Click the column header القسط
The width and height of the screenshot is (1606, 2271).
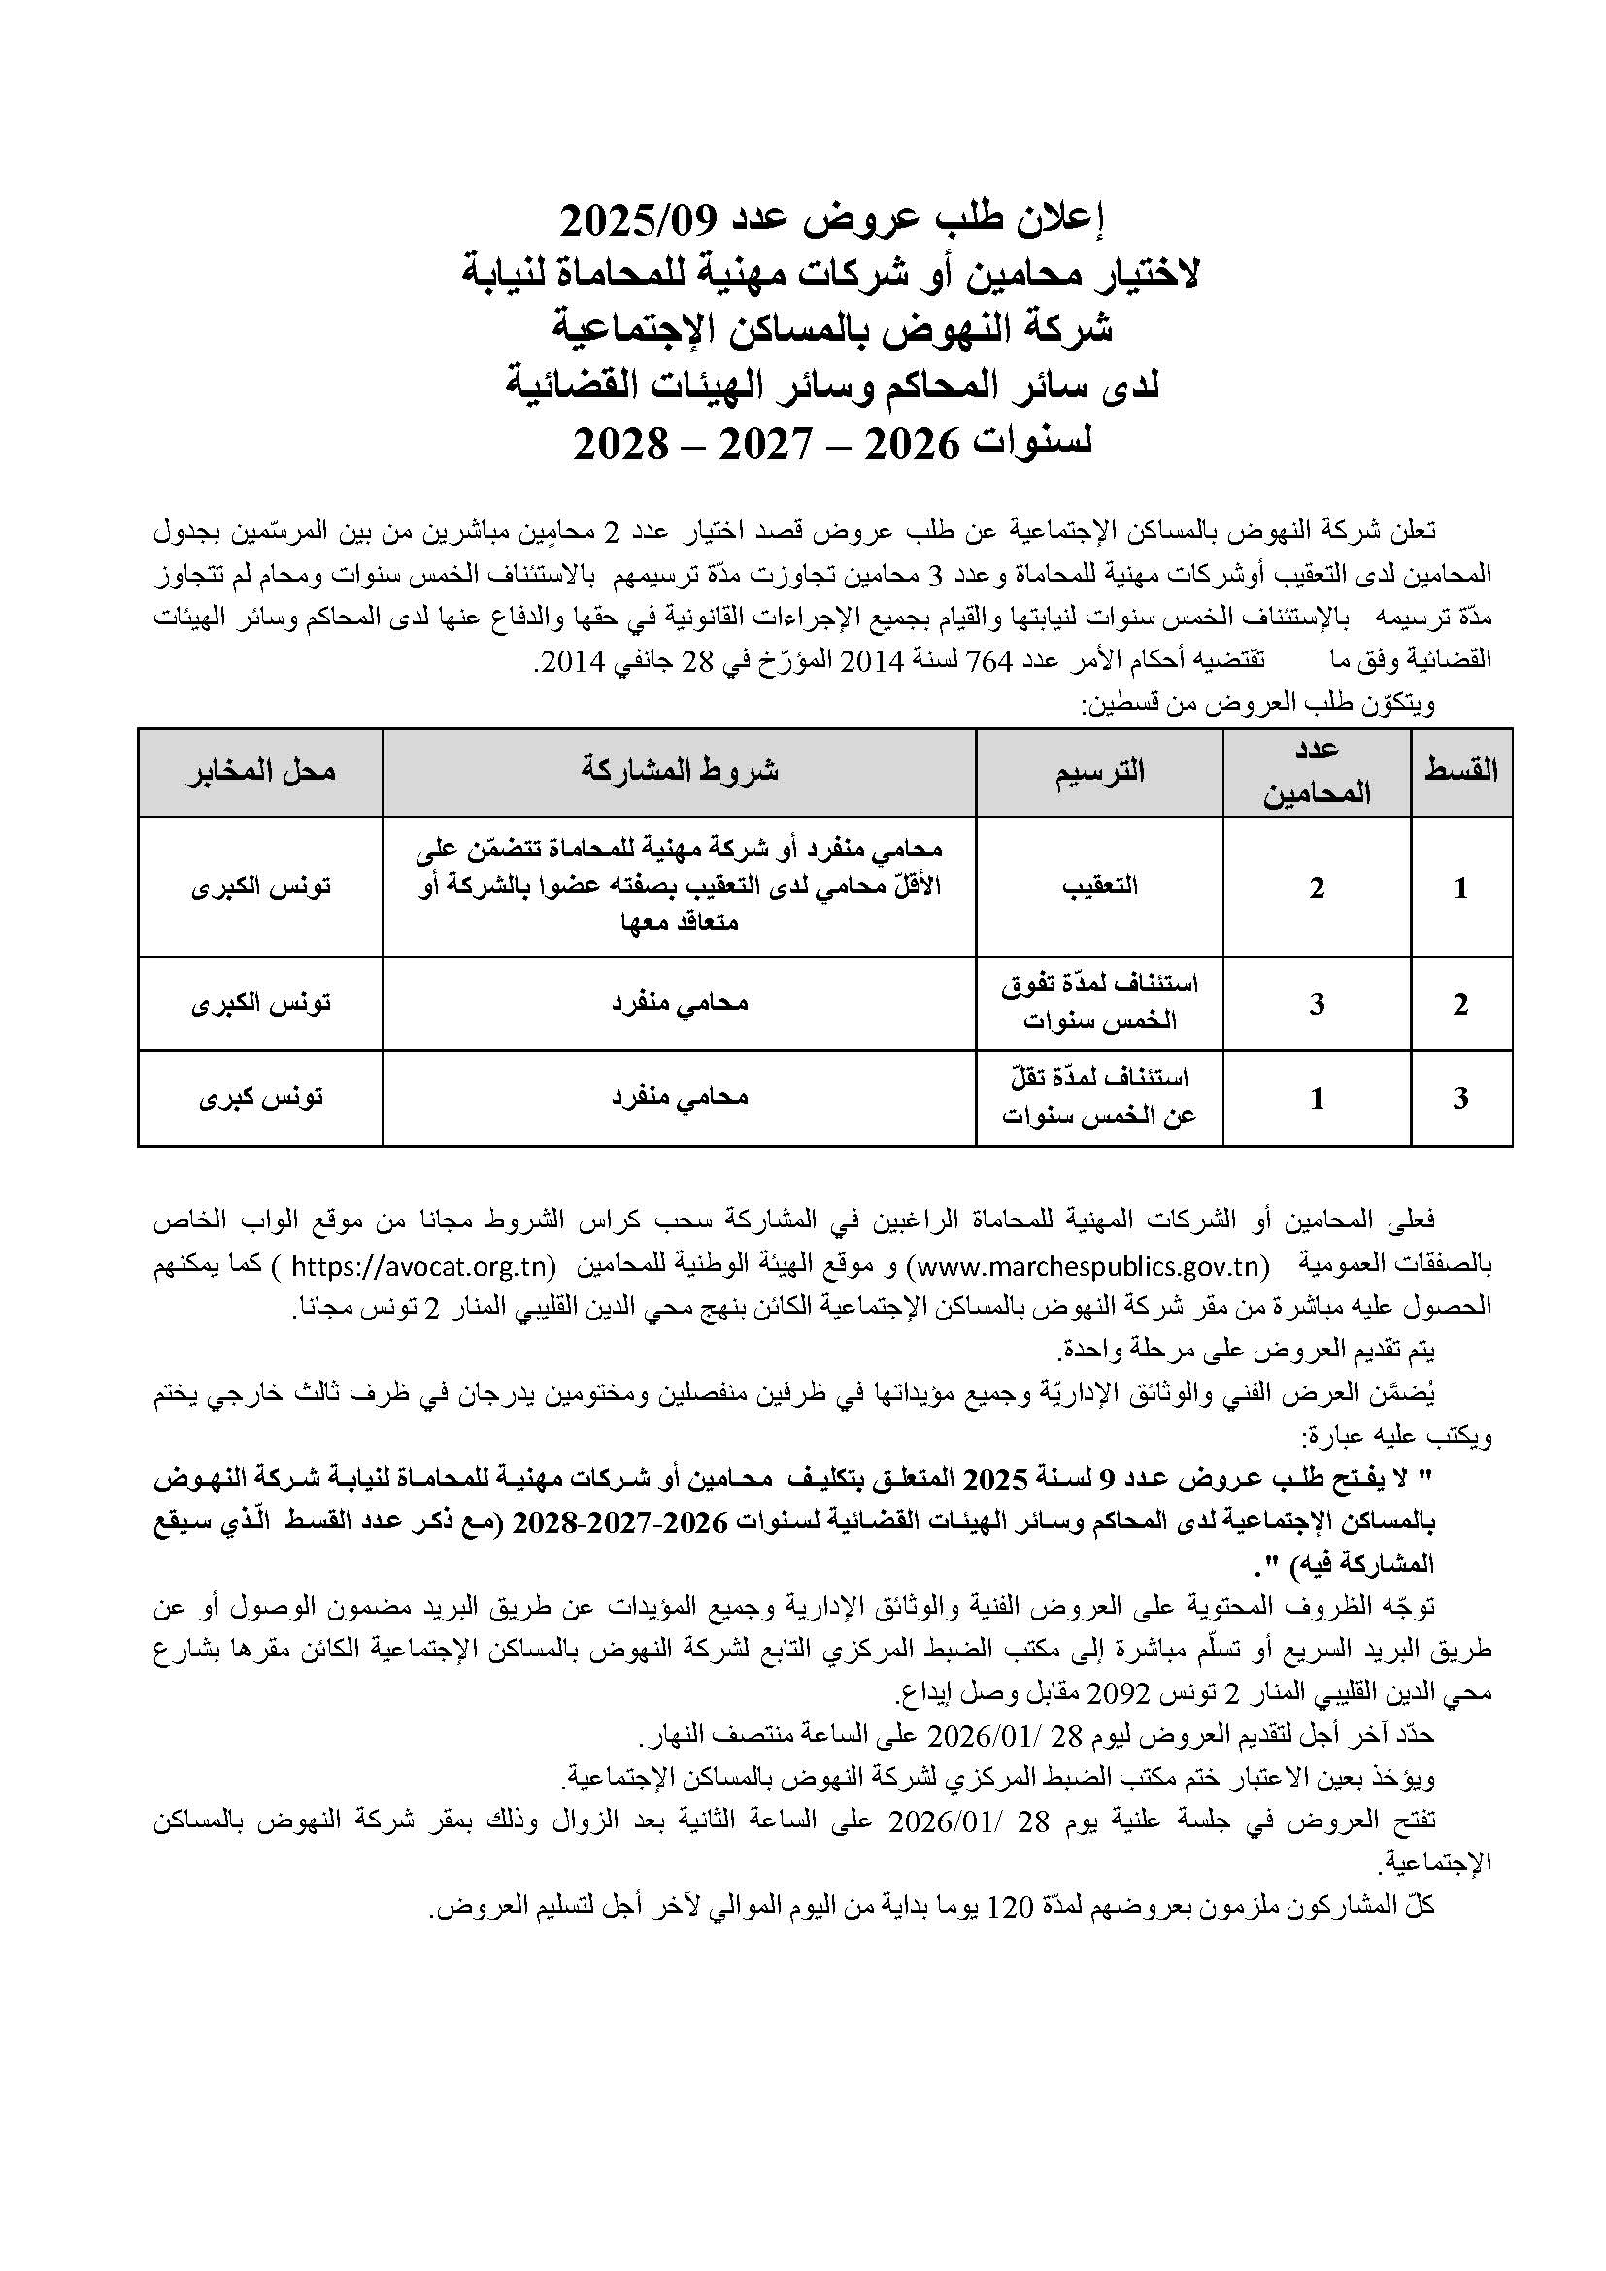pyautogui.click(x=1460, y=772)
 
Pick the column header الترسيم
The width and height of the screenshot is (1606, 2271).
pyautogui.click(x=1099, y=772)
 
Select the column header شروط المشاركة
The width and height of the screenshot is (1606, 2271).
pyautogui.click(x=679, y=772)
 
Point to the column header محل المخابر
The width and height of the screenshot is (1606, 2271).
pyautogui.click(x=261, y=772)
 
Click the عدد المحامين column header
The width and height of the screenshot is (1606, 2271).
pyautogui.click(x=1317, y=772)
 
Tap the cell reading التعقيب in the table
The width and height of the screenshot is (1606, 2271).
pyautogui.click(x=1099, y=887)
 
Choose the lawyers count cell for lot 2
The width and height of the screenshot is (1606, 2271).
pyautogui.click(x=1317, y=1004)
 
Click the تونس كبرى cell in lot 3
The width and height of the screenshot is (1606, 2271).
pyautogui.click(x=261, y=1098)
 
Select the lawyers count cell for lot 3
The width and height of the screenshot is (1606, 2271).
pyautogui.click(x=1317, y=1099)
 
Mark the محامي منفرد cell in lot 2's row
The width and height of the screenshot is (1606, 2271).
pyautogui.click(x=679, y=1004)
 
